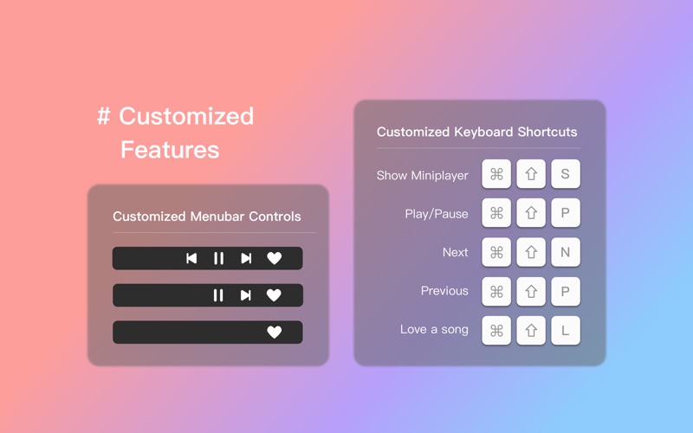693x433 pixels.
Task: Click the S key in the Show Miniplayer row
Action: coord(566,174)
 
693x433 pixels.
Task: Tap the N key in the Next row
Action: coord(566,252)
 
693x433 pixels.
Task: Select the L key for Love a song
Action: coord(566,330)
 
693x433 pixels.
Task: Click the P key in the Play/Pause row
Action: coord(566,213)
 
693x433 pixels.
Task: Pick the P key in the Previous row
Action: coord(566,291)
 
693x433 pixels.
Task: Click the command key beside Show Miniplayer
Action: coord(496,174)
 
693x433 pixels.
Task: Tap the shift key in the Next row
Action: coord(531,252)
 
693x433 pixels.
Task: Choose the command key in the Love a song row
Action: coord(496,330)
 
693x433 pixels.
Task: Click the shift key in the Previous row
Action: coord(531,291)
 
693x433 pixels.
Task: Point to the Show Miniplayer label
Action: coord(422,175)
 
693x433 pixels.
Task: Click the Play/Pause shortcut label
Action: coord(437,214)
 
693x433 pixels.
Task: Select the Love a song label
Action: coord(434,330)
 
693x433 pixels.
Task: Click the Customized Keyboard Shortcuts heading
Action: coord(476,132)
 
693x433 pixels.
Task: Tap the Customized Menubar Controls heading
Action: coord(207,216)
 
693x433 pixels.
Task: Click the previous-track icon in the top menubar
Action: coord(191,258)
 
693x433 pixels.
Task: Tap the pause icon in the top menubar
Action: coord(218,258)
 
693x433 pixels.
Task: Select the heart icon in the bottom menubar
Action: coord(274,333)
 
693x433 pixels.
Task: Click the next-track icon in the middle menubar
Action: coord(246,295)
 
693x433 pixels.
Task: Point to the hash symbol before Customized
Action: coord(104,117)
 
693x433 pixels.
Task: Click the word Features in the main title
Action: coord(170,150)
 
